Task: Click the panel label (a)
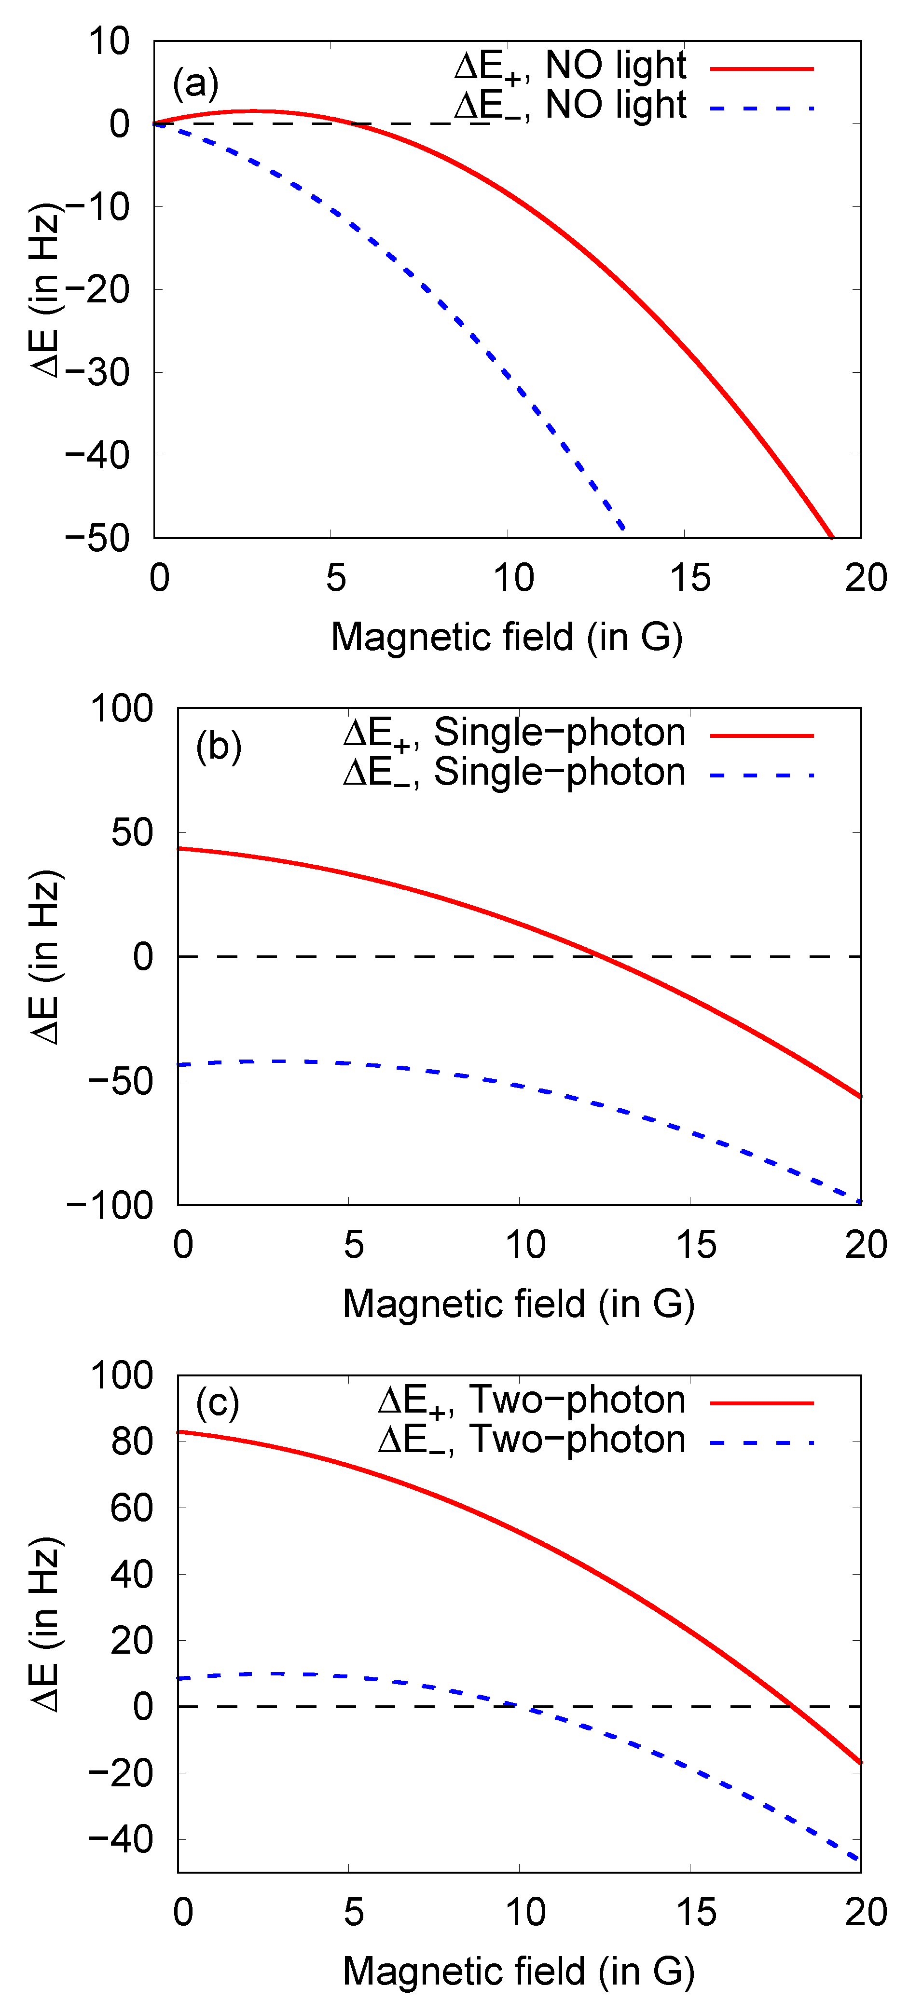pyautogui.click(x=195, y=83)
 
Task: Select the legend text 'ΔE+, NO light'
pyautogui.click(x=570, y=67)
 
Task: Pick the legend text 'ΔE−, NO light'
pyautogui.click(x=570, y=106)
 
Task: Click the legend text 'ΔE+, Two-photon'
pyautogui.click(x=532, y=1401)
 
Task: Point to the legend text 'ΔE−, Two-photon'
pyautogui.click(x=532, y=1440)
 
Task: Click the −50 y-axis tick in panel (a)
pyautogui.click(x=97, y=538)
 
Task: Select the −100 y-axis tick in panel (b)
pyautogui.click(x=110, y=1205)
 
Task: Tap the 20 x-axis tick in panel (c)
pyautogui.click(x=865, y=1912)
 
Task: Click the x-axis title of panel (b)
pyautogui.click(x=518, y=1304)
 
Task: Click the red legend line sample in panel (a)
pyautogui.click(x=762, y=69)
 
